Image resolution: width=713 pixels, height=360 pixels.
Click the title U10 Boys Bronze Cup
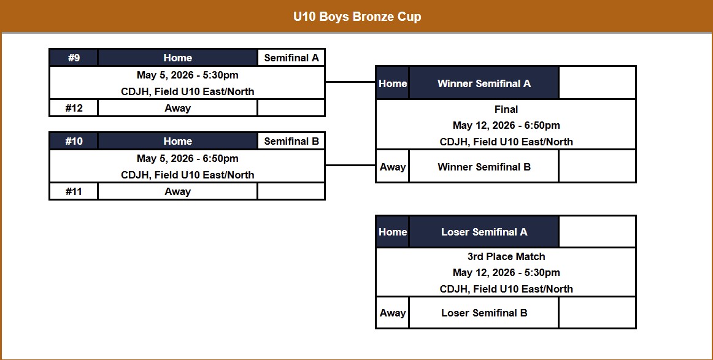(x=356, y=17)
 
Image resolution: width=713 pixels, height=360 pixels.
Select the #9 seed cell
(x=74, y=58)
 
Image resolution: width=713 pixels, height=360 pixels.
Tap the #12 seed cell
(x=74, y=108)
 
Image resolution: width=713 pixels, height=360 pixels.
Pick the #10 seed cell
(x=74, y=141)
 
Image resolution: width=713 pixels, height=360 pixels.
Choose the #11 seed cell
(x=74, y=191)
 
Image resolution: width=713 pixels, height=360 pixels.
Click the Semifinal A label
(x=291, y=58)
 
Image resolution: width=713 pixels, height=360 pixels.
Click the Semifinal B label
(x=291, y=141)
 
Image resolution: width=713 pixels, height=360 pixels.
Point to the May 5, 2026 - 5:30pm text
(x=187, y=75)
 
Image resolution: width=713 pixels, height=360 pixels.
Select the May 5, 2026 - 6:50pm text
(x=187, y=158)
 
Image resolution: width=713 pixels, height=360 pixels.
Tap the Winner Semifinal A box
(x=484, y=83)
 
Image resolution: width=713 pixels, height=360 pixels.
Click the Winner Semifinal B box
(x=484, y=167)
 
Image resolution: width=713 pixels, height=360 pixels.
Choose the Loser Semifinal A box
(x=484, y=232)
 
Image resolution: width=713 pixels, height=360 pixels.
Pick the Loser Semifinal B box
(x=484, y=313)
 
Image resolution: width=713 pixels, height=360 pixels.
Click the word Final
(x=506, y=109)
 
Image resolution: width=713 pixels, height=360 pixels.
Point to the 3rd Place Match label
(x=506, y=256)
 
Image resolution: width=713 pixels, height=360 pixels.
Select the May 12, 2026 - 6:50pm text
(x=506, y=125)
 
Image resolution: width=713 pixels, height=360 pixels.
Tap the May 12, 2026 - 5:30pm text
(x=506, y=272)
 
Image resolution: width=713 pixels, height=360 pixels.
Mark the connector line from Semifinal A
(x=350, y=82)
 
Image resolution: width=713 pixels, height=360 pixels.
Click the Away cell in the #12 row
(x=177, y=108)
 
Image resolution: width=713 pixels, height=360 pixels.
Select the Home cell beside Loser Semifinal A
(x=392, y=232)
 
